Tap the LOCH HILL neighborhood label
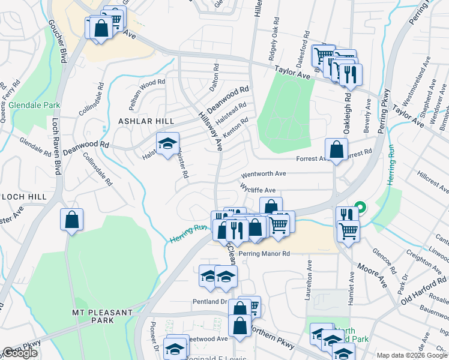(23, 196)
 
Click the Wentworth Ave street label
(264, 174)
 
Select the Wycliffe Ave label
(258, 189)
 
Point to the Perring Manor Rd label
(264, 254)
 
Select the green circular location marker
(360, 208)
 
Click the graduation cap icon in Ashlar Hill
(167, 144)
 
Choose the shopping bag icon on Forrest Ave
(336, 149)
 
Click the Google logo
(20, 353)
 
